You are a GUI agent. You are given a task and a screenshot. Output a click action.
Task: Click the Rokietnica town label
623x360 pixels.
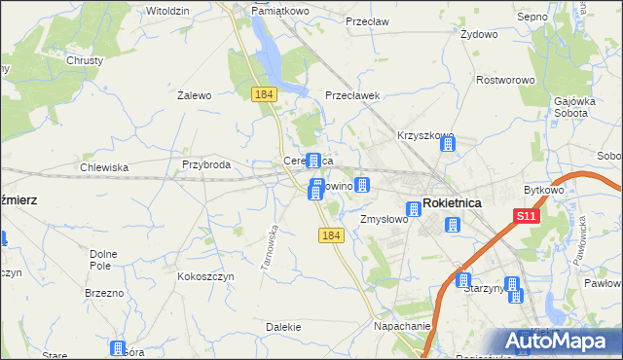click(454, 203)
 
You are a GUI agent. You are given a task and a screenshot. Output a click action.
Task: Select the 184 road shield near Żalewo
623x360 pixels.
click(263, 93)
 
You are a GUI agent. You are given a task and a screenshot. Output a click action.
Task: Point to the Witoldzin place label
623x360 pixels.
click(166, 10)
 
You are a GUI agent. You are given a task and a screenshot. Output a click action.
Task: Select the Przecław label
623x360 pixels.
click(367, 18)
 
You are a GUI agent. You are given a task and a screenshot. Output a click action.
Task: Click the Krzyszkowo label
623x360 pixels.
click(425, 136)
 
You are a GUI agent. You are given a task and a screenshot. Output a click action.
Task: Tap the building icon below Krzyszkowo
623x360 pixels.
click(448, 145)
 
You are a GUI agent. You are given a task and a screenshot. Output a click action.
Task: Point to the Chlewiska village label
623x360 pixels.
click(104, 167)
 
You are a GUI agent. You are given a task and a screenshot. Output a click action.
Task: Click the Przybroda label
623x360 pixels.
click(205, 165)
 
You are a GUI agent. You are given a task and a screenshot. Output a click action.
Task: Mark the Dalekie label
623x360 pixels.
click(282, 327)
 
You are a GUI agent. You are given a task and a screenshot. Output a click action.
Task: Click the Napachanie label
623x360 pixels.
click(402, 327)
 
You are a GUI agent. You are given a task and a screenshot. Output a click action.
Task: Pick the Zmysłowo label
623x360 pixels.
click(383, 220)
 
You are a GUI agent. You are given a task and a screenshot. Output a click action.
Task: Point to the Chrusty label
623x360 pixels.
click(85, 60)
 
